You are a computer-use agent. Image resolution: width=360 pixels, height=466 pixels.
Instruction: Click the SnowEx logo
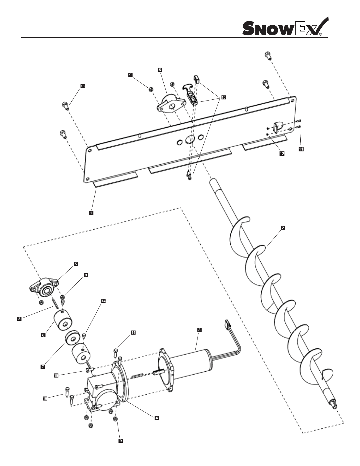pos(285,26)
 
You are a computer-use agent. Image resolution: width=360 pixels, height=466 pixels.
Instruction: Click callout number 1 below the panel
pos(91,213)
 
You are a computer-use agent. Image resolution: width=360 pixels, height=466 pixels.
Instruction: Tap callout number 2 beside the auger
pos(283,228)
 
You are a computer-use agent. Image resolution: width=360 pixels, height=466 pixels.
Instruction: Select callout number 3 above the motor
pos(199,330)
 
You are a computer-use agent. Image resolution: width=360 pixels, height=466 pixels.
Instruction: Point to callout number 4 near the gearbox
pos(157,418)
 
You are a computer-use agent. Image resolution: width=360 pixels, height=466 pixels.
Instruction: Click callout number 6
pos(43,335)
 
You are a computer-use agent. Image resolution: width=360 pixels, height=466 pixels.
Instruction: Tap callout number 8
pos(19,319)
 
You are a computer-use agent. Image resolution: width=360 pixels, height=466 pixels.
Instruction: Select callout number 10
pos(224,97)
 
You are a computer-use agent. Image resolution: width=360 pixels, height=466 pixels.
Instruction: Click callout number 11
pos(301,149)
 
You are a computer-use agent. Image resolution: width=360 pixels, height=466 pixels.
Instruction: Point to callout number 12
pos(282,153)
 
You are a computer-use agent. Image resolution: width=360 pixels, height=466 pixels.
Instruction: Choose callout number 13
pos(83,86)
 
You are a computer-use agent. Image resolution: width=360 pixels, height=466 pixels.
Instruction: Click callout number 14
pos(103,301)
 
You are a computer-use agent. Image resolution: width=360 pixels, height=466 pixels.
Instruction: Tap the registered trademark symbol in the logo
pos(321,34)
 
